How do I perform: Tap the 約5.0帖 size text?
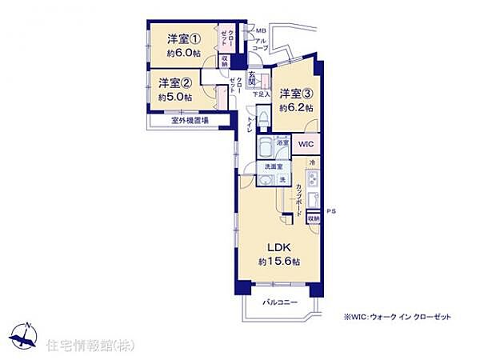174,97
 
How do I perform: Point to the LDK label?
278,246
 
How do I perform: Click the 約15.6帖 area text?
278,262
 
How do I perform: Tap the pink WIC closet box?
306,144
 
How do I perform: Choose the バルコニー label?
278,304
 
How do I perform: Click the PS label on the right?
330,211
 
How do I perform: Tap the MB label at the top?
260,31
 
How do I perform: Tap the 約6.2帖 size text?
296,107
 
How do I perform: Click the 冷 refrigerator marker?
312,163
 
